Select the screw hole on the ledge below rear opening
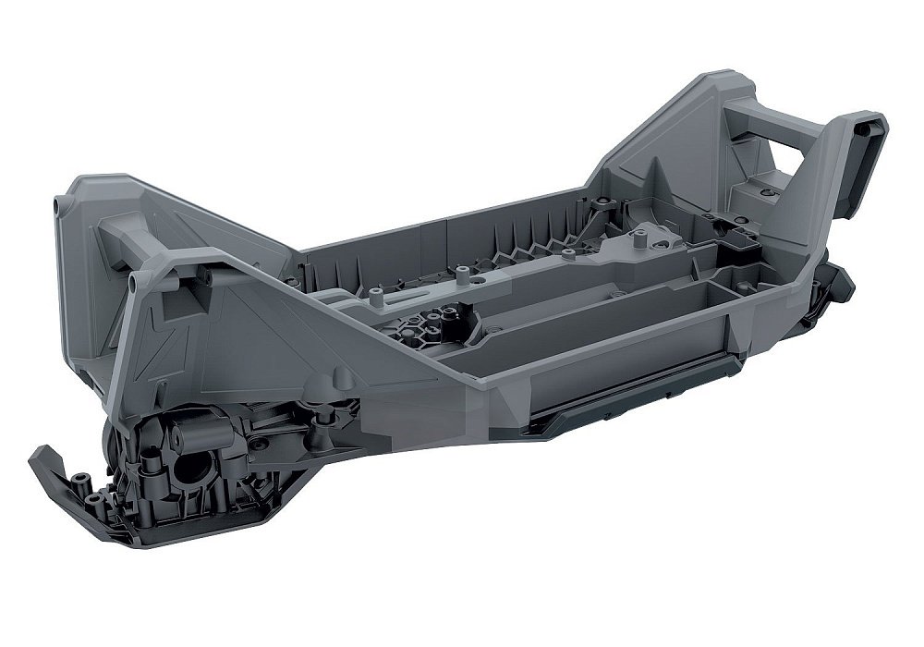(767, 191)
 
